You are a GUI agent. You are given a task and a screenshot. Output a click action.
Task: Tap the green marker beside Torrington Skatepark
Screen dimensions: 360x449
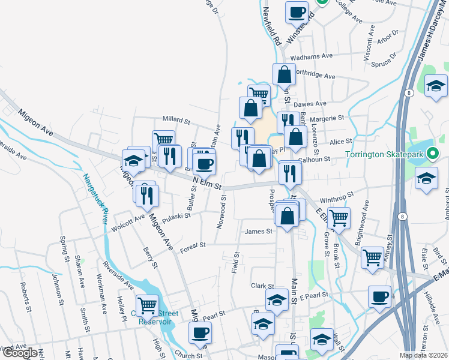[430, 153]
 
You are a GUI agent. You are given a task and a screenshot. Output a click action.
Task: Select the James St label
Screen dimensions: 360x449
[259, 231]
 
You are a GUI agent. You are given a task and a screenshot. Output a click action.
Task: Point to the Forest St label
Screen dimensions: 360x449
[194, 245]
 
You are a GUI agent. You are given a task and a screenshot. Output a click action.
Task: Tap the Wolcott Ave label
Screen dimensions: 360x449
[128, 223]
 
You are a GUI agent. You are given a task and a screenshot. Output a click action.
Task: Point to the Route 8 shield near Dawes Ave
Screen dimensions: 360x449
[408, 94]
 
